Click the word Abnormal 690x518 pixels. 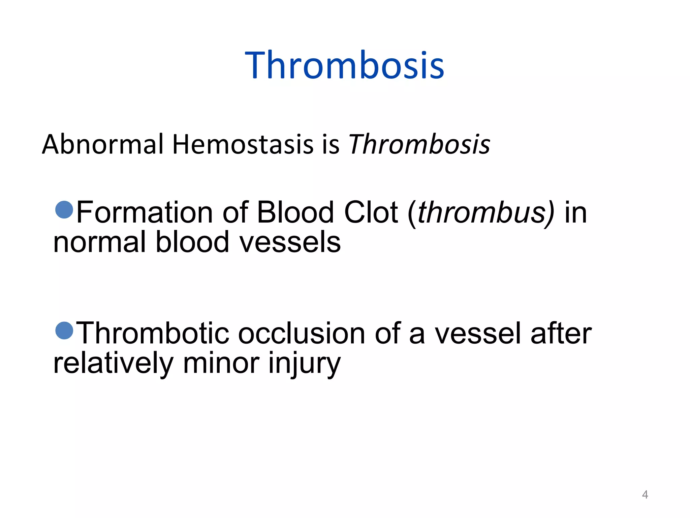[x=103, y=144]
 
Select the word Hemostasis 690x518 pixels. [x=243, y=144]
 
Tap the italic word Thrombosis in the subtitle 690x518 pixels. [x=419, y=144]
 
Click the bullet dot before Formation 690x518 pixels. [x=64, y=210]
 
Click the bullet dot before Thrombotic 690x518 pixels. [x=64, y=330]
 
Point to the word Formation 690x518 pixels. [x=145, y=212]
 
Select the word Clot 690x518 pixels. [x=371, y=212]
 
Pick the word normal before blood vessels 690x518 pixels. [x=99, y=242]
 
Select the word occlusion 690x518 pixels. [x=302, y=333]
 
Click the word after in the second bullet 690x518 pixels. [x=561, y=333]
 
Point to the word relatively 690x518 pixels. [x=113, y=364]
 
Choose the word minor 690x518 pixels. [x=221, y=364]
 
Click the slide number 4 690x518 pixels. [x=645, y=494]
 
